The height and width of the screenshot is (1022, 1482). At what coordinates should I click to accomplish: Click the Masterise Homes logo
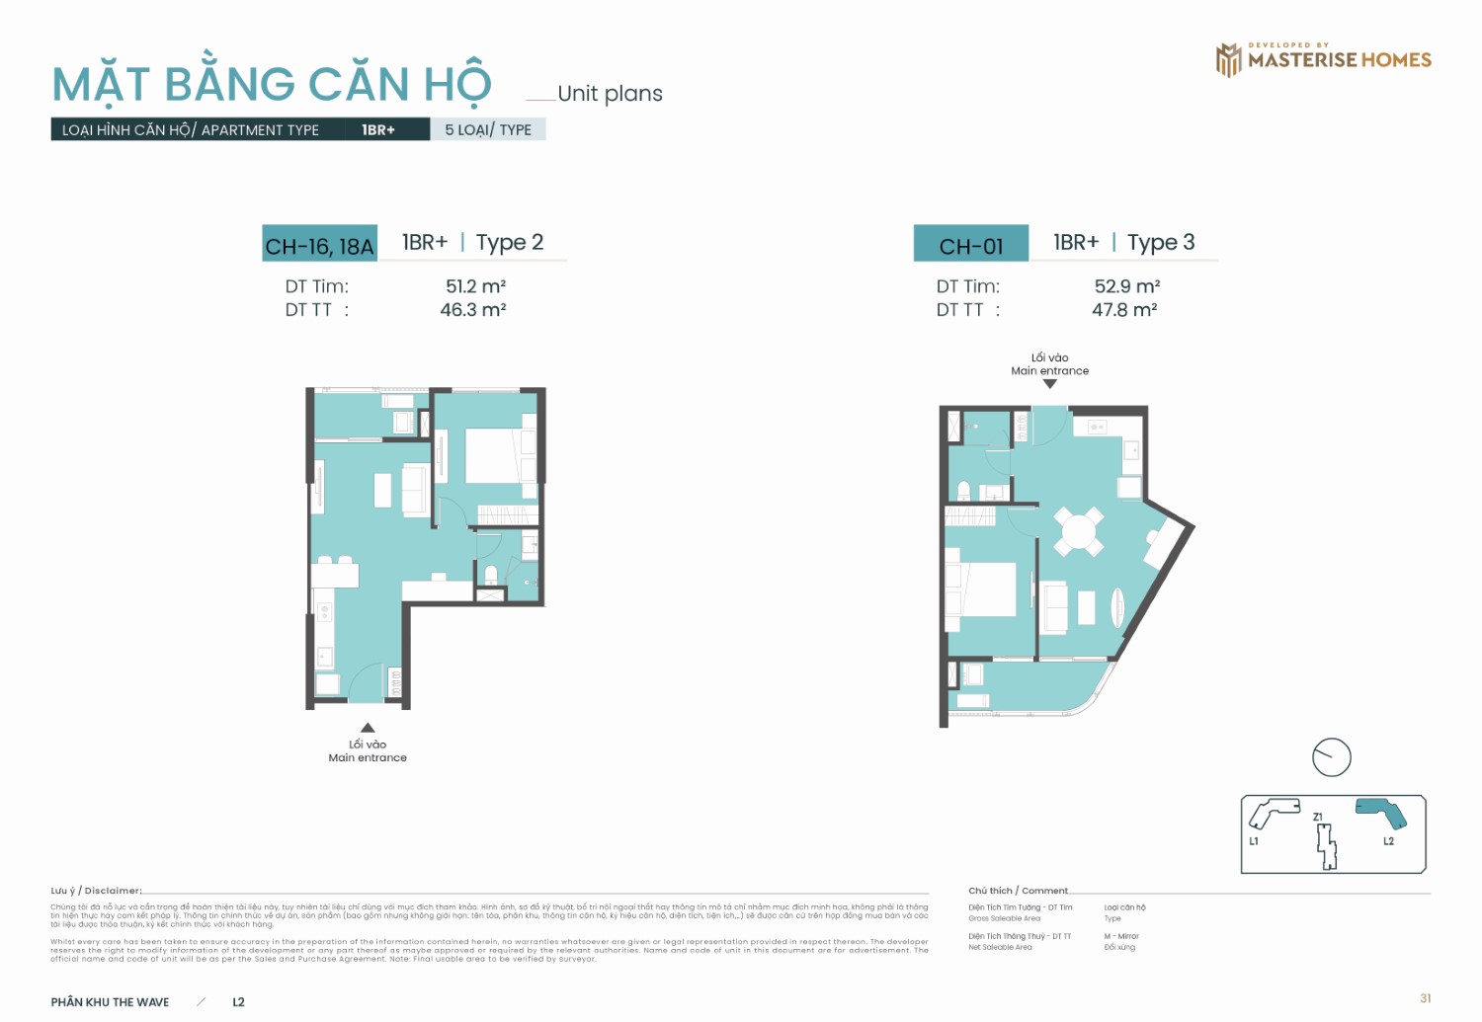tap(1323, 59)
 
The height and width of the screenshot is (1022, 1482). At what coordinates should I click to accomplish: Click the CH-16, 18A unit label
tap(319, 245)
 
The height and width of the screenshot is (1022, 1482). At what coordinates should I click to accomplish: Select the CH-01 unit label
tap(970, 245)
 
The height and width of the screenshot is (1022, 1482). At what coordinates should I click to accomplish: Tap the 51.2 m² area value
tap(475, 286)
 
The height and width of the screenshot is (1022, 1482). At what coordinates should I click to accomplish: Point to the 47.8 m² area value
tap(1124, 310)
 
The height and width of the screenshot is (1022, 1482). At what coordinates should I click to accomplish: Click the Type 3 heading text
tap(1161, 242)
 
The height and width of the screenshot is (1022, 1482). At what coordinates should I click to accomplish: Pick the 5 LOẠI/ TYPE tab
tap(488, 129)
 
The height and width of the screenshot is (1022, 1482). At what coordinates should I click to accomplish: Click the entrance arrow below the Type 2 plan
tap(368, 728)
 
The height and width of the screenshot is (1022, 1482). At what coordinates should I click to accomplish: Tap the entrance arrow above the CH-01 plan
tap(1050, 384)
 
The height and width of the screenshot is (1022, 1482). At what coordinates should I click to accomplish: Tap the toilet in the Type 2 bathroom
tap(491, 574)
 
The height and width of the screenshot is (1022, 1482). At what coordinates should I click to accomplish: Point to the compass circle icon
tap(1331, 757)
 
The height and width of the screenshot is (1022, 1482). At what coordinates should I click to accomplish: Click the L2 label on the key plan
tap(1388, 841)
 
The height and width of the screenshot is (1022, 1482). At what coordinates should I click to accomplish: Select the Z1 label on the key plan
tap(1318, 817)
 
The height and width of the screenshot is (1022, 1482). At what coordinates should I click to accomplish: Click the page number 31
tap(1425, 998)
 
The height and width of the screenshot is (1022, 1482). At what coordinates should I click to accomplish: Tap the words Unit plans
tap(610, 94)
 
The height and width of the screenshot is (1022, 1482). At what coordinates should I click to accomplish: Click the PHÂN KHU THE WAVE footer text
tap(111, 1002)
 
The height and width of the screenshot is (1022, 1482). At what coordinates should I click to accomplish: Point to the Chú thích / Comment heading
tap(1018, 891)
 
